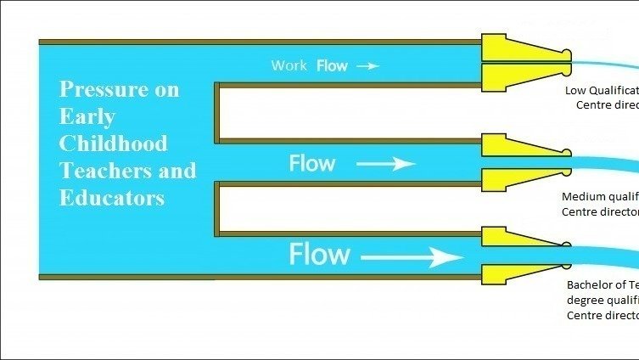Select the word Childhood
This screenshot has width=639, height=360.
point(113,143)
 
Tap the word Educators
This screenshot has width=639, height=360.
point(111,198)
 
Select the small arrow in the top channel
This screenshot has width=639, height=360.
point(367,65)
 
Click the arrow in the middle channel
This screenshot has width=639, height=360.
point(385,164)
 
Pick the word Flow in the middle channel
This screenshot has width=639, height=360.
point(312,163)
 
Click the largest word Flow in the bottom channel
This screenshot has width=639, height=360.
point(319,254)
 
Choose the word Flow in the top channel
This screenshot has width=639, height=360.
point(332,65)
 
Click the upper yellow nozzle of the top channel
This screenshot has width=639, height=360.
point(519,48)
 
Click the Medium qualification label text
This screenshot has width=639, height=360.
point(600,205)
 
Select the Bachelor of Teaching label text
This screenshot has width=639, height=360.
point(602,300)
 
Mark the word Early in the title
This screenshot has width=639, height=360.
point(87,116)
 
